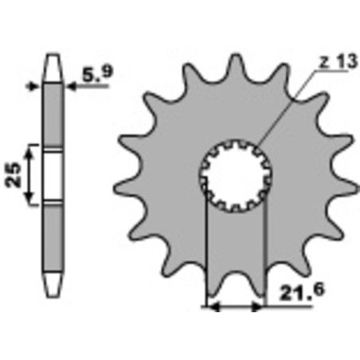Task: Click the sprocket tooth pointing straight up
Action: coord(235,67)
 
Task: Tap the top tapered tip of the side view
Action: coord(53,61)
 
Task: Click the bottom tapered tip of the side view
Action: coord(53,284)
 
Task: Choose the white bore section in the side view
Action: coord(53,173)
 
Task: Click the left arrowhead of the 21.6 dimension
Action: coord(211,304)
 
